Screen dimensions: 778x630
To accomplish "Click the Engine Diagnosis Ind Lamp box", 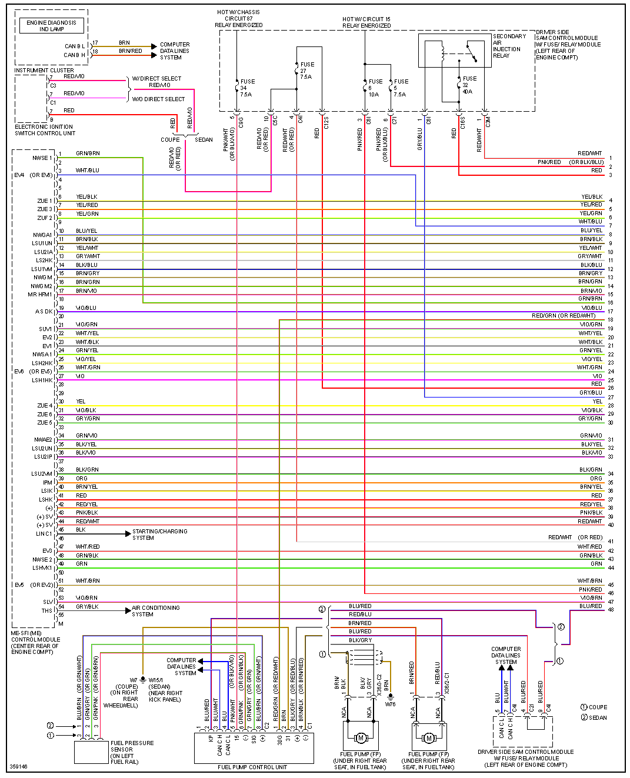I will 52,26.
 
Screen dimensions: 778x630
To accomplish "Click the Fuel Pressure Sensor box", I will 91,752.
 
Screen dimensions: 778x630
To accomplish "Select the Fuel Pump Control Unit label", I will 252,767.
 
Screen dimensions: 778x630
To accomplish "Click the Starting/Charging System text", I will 159,534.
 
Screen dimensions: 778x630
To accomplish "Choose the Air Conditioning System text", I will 155,611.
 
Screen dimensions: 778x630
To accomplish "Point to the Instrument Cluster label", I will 44,71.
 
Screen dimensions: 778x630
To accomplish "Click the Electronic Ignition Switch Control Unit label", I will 45,130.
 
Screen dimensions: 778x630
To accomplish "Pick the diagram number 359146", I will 18,767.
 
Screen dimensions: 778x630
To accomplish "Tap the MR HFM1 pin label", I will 40,295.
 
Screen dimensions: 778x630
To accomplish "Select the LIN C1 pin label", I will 44,534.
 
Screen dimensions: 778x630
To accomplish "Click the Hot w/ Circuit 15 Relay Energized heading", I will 366,22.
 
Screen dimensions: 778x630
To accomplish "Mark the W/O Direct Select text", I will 158,99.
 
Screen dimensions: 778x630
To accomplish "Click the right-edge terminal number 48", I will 611,610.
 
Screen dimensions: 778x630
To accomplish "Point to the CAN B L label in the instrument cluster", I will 75,46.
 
